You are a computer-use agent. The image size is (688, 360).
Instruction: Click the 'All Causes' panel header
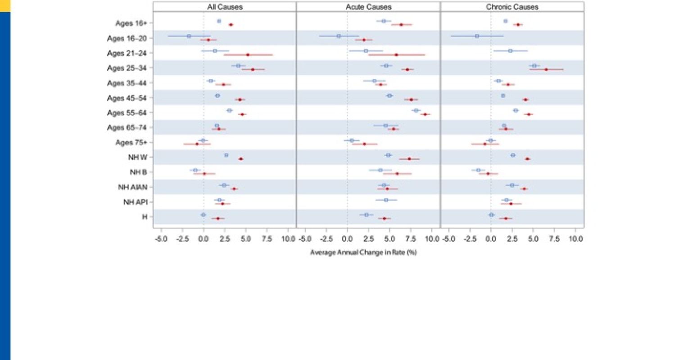tap(225, 7)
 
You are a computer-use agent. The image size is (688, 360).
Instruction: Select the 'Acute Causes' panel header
tap(368, 7)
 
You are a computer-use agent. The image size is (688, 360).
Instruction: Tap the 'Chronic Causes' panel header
tap(512, 7)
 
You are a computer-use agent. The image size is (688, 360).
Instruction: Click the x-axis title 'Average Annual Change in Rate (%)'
tap(363, 252)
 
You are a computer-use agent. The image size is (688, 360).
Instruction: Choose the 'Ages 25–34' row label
tap(127, 68)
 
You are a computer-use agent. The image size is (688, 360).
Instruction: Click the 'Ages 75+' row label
tap(131, 142)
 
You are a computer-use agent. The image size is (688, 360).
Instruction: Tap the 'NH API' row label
tap(135, 202)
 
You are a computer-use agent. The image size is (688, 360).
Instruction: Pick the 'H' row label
tap(145, 217)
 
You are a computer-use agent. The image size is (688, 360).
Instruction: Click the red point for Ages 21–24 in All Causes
tap(248, 54)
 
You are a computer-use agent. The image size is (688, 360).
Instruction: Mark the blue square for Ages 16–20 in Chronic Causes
tap(477, 36)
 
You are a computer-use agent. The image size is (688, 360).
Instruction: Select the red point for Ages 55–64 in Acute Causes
tap(425, 114)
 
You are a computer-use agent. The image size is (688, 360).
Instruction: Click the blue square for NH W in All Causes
tap(226, 155)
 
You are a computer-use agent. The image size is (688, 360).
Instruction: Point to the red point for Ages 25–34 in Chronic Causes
tap(546, 70)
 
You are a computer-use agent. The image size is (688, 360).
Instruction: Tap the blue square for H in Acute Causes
tap(367, 215)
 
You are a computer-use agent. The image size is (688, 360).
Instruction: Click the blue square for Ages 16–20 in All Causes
tap(189, 36)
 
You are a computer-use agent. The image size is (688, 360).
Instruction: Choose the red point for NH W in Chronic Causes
tap(527, 159)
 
